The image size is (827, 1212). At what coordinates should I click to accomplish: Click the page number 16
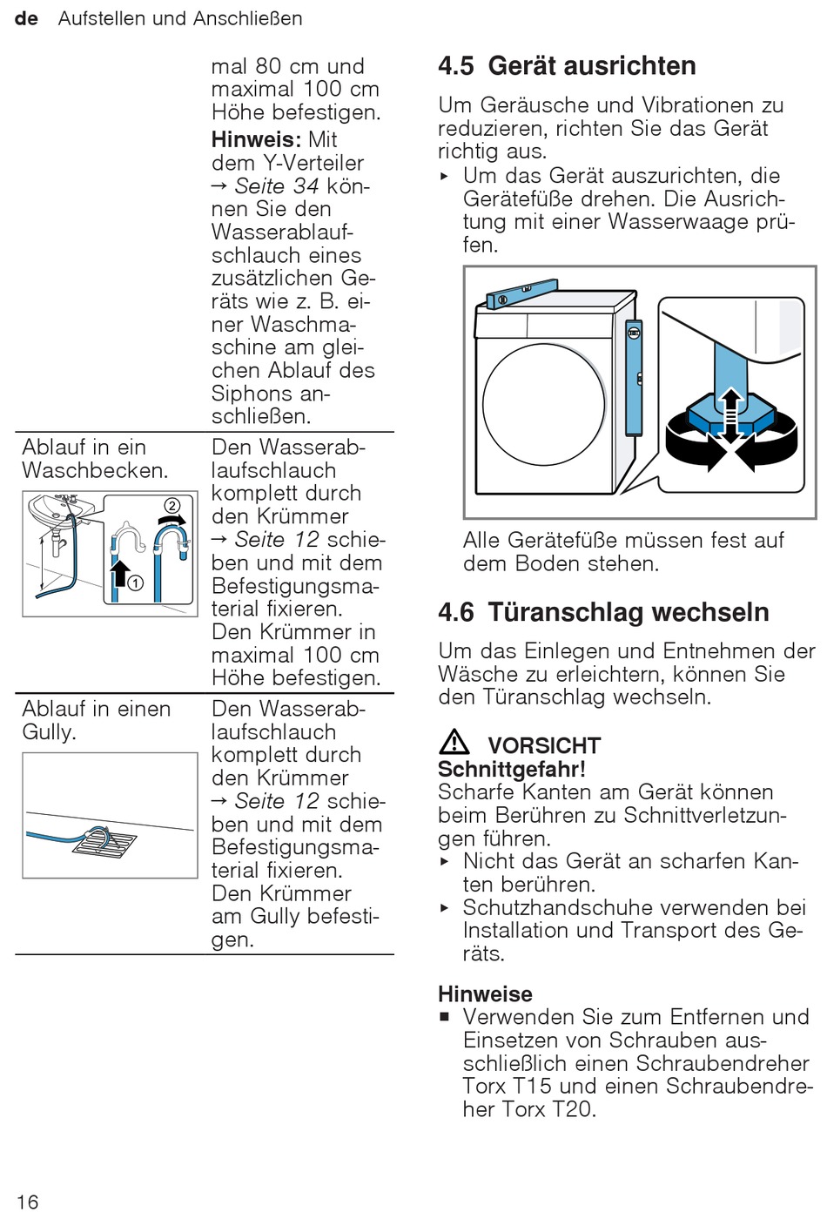point(27,1202)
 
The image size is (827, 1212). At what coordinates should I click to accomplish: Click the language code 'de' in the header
point(26,18)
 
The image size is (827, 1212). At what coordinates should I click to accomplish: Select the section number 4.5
point(456,66)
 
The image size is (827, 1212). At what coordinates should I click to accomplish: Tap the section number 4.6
point(456,612)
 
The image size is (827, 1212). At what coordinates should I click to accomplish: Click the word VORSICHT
point(544,746)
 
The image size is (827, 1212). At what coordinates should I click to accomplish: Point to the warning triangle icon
point(454,743)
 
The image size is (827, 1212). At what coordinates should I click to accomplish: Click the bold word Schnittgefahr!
point(511,769)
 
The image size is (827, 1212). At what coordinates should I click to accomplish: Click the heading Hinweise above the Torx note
point(485,994)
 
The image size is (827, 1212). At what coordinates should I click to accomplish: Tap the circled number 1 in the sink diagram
point(136,583)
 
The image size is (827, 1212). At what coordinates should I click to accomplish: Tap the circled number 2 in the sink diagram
point(172,506)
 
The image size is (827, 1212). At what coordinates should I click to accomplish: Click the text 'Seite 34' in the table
point(276,186)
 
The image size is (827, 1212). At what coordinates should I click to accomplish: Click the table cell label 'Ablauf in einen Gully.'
point(96,720)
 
